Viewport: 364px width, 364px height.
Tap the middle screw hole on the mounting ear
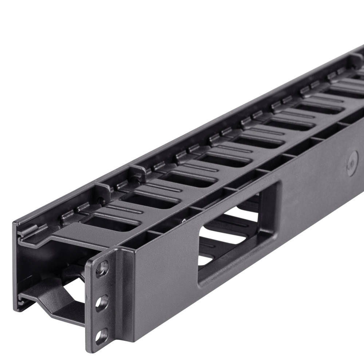click(x=102, y=302)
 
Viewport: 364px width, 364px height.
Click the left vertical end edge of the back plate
click(x=15, y=266)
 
